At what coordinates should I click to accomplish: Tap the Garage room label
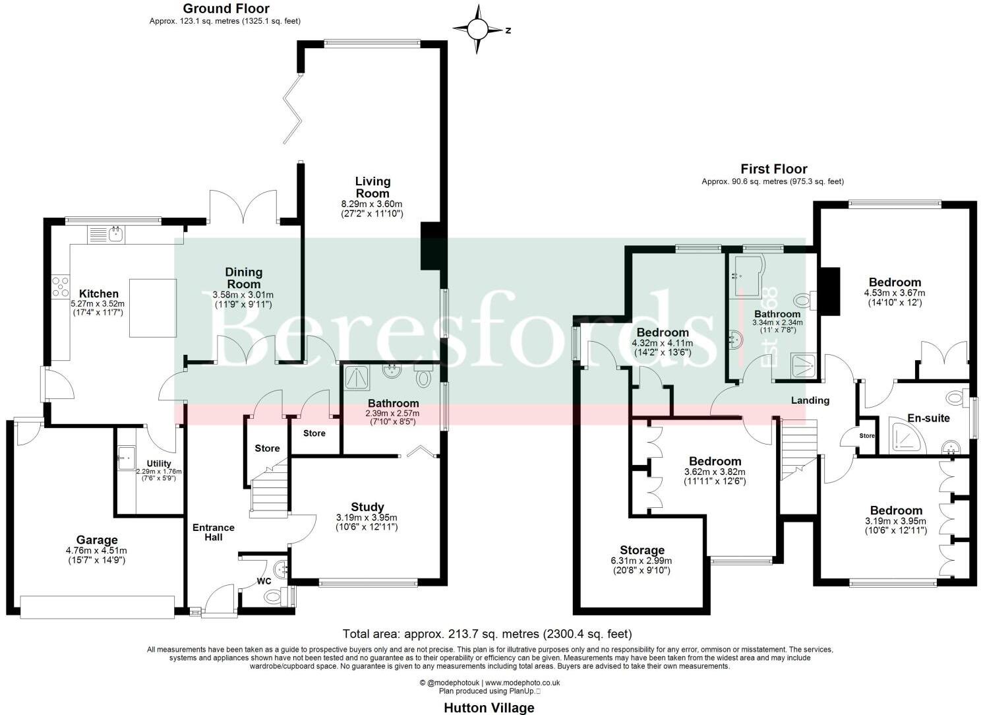[96, 540]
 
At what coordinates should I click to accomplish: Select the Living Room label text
[372, 187]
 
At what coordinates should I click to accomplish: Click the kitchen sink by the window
[116, 233]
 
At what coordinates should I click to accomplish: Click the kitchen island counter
[153, 307]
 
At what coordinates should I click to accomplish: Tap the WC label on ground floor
[264, 582]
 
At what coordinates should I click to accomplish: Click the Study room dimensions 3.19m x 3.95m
[367, 518]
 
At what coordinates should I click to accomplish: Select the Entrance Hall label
[213, 532]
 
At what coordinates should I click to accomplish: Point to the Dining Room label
[243, 277]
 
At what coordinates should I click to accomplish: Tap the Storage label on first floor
[642, 550]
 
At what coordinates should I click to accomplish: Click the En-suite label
[928, 418]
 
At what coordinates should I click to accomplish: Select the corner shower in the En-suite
[908, 436]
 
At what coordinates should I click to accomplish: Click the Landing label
[810, 400]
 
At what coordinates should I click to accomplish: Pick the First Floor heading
[773, 169]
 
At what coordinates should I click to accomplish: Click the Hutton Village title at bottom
[489, 708]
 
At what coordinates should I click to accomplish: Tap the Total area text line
[488, 635]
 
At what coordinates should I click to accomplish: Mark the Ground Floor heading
[225, 9]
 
